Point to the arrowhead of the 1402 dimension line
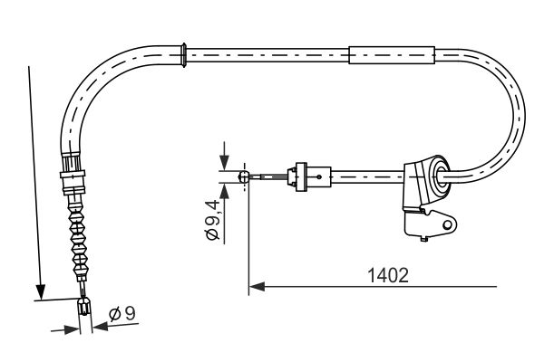[x=255, y=288]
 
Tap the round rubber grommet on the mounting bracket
[x=439, y=176]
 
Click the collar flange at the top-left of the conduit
[x=185, y=53]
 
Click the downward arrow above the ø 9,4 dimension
[x=222, y=163]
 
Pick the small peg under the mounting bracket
[x=423, y=239]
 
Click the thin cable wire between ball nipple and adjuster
[x=267, y=177]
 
